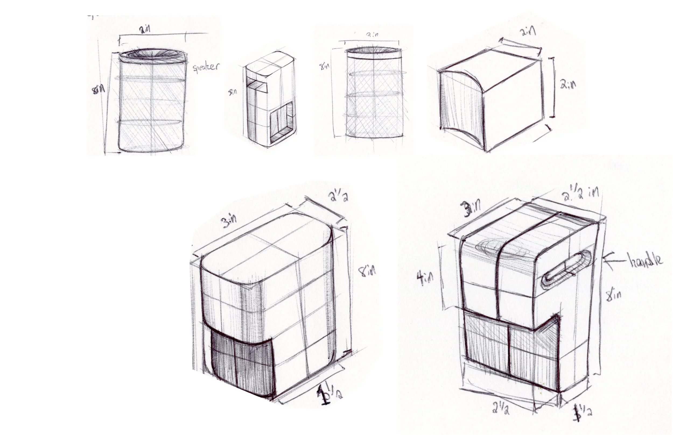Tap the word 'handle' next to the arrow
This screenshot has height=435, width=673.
[646, 260]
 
